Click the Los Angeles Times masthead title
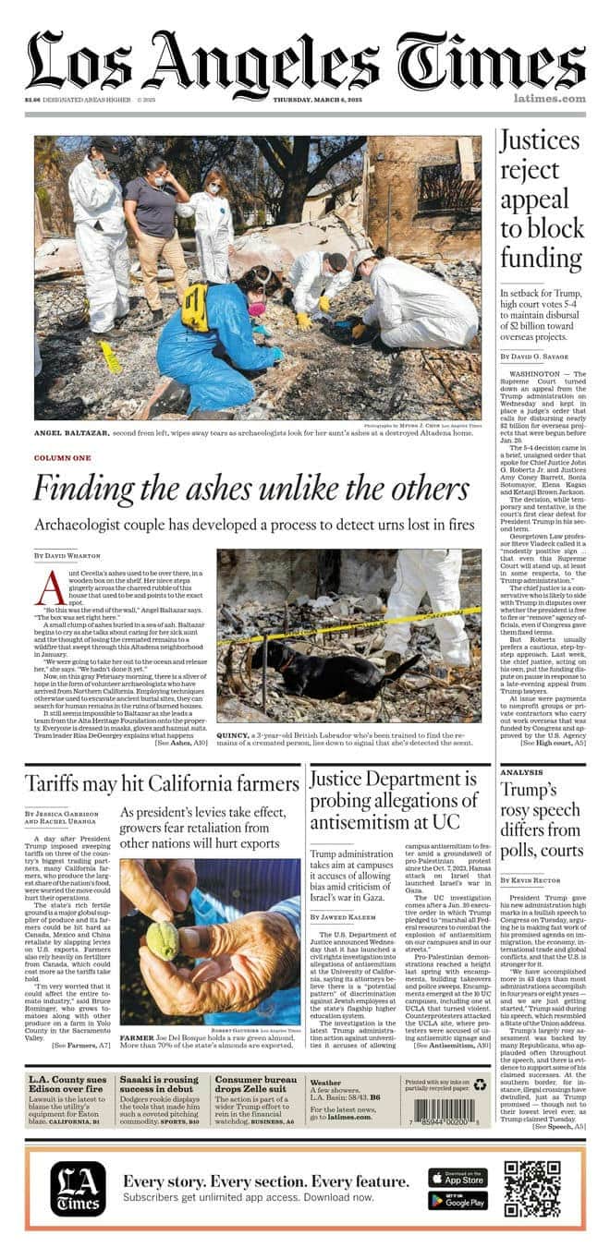(x=305, y=60)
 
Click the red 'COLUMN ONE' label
(x=63, y=458)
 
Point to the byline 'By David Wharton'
(x=67, y=555)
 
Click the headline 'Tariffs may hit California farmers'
(x=163, y=783)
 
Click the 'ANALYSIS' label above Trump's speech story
(x=521, y=771)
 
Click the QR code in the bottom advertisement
(x=532, y=1189)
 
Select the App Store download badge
(x=457, y=1178)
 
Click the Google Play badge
(x=457, y=1201)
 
